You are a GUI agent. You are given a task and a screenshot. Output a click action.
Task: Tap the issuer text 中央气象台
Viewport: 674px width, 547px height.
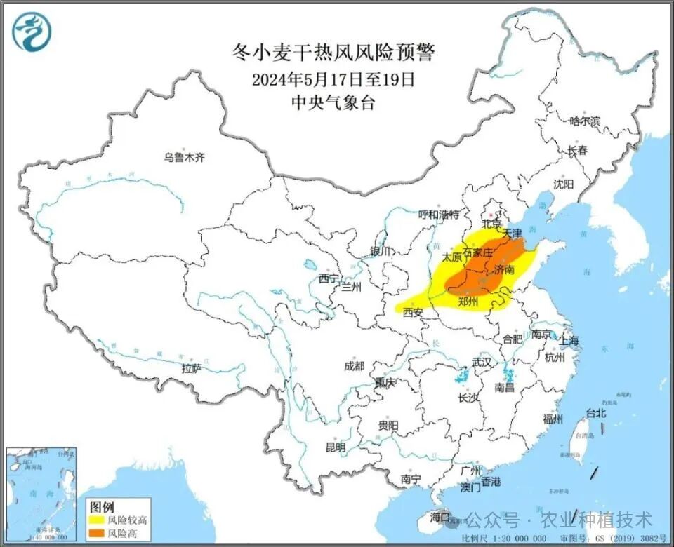point(333,102)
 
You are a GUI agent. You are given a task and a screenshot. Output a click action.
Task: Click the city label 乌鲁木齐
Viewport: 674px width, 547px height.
point(185,157)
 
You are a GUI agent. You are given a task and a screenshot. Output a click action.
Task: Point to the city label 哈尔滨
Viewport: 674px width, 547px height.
point(585,121)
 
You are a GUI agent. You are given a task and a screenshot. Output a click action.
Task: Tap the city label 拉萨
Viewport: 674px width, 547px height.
point(192,367)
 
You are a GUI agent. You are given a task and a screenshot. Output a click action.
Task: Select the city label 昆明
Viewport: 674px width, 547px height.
point(336,447)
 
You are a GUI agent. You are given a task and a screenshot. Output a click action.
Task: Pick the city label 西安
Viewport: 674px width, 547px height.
point(413,313)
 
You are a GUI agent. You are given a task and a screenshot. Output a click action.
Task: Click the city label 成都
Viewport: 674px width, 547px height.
point(355,365)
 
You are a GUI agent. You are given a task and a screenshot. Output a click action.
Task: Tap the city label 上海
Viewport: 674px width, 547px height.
point(569,340)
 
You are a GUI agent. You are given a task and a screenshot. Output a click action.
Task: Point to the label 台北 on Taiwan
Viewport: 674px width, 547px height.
point(595,414)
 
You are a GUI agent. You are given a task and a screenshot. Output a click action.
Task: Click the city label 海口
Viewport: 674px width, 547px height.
point(440,518)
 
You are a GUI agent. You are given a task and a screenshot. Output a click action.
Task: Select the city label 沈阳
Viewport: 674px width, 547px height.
point(563,184)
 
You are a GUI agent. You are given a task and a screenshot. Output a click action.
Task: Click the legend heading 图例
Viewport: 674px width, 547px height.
point(102,506)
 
